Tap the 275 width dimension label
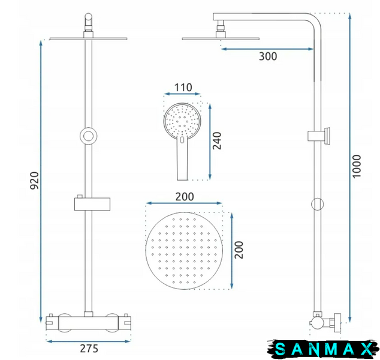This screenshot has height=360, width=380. coord(89,349)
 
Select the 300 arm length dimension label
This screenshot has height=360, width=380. coord(268,56)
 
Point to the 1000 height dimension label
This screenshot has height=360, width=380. coord(357,166)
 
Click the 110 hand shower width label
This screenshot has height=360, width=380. coord(183,88)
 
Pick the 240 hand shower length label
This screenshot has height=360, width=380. coord(217,141)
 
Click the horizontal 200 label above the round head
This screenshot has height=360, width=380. coord(185,197)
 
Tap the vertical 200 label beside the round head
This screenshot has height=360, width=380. coord(239,250)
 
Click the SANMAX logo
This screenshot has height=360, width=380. coord(323,349)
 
